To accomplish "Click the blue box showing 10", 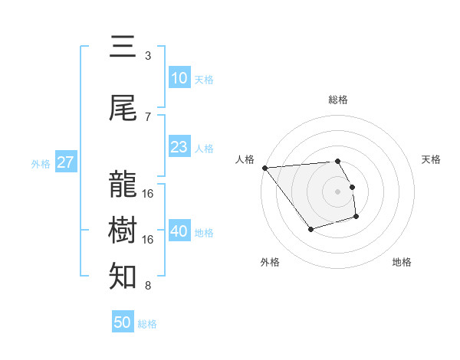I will click(x=179, y=78).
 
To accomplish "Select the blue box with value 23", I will click(x=179, y=147).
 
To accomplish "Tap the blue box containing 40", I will click(x=179, y=231).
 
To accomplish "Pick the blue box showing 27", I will click(x=66, y=162).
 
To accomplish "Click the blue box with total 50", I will click(x=123, y=322).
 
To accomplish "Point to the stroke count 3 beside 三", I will click(x=148, y=55).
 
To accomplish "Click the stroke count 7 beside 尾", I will click(x=148, y=116).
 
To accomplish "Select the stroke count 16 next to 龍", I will click(x=148, y=193).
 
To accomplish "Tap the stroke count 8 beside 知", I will click(x=148, y=286).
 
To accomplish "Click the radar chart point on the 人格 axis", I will click(x=264, y=168).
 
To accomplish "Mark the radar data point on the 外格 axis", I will click(x=310, y=229).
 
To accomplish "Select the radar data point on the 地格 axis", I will click(x=356, y=218).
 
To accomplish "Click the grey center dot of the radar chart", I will click(x=337, y=191).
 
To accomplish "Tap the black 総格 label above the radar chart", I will click(x=337, y=99).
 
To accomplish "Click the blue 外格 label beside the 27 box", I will click(x=41, y=163).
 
